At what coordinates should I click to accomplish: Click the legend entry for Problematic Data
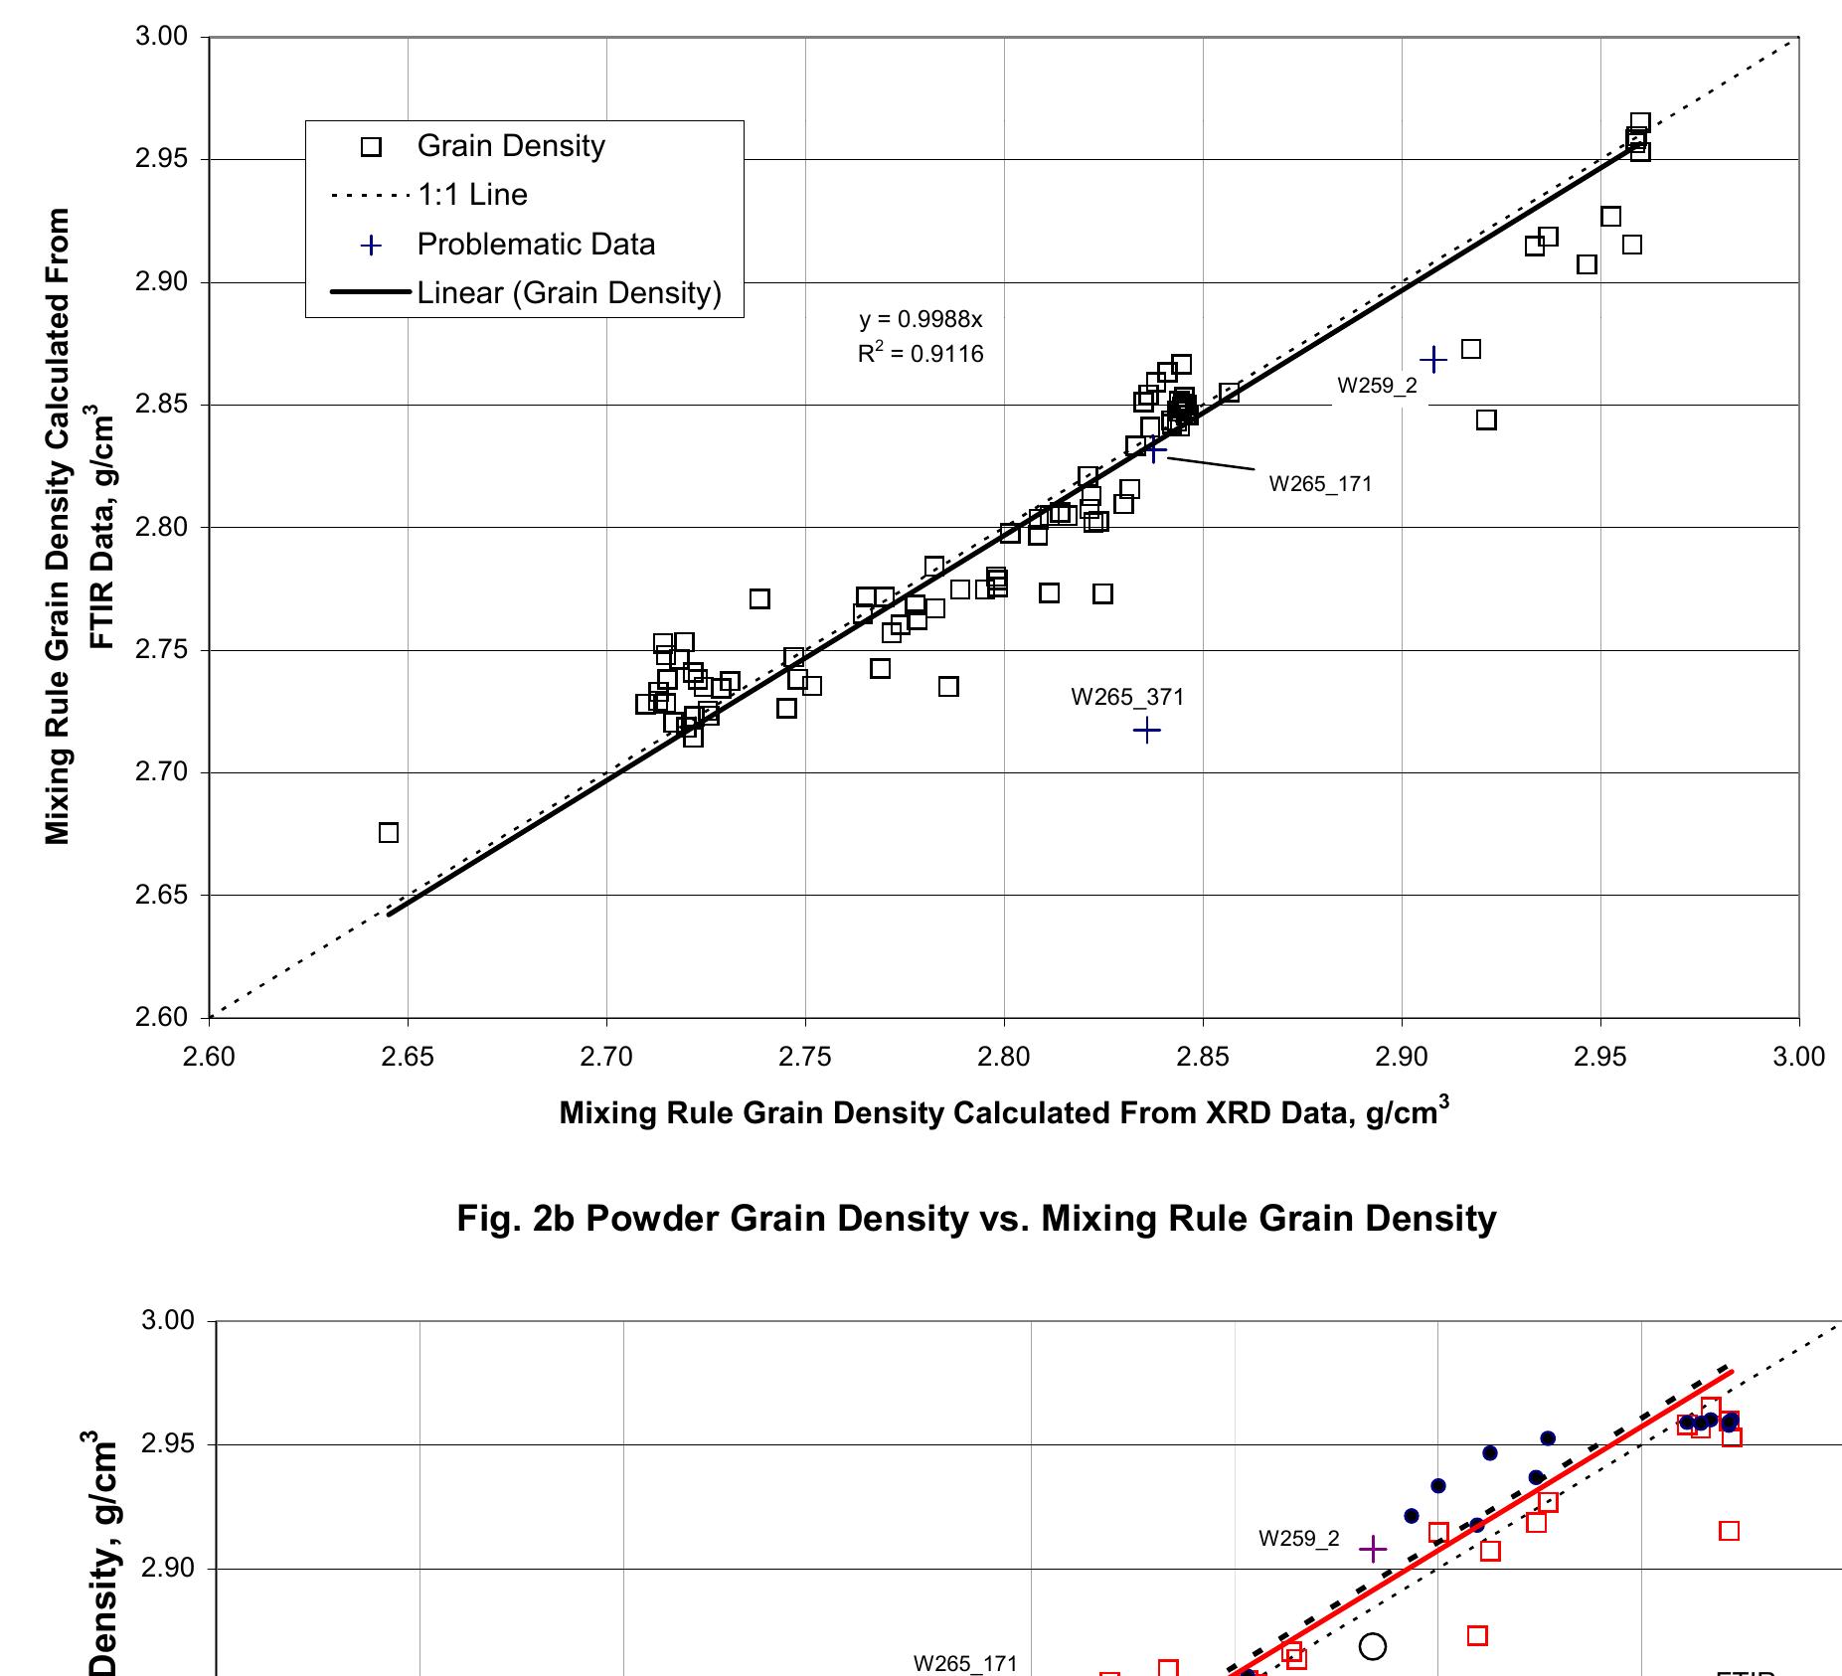click(x=536, y=245)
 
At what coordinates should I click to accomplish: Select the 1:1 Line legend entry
click(x=472, y=195)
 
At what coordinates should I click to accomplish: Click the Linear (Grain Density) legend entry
click(x=569, y=293)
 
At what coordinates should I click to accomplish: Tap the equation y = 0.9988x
click(x=921, y=320)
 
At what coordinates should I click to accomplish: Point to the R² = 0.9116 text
click(x=921, y=354)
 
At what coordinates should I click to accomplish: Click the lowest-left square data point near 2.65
click(x=389, y=833)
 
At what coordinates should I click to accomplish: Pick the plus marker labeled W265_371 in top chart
click(x=1146, y=731)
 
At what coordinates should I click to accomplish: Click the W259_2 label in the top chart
click(x=1377, y=387)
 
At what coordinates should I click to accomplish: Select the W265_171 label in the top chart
click(x=1320, y=485)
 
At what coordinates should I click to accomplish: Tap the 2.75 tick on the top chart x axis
click(x=805, y=1056)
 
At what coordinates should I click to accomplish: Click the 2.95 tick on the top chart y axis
click(x=160, y=159)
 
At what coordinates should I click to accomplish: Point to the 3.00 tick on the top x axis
click(x=1798, y=1056)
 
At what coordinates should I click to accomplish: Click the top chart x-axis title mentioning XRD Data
click(x=1003, y=1111)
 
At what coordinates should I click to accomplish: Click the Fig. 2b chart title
click(x=975, y=1218)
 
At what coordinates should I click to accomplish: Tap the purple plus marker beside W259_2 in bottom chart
click(x=1372, y=1549)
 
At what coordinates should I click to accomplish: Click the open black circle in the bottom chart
click(x=1372, y=1646)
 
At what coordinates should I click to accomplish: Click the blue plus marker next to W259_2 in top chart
click(x=1432, y=360)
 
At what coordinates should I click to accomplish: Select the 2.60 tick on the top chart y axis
click(x=160, y=1017)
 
